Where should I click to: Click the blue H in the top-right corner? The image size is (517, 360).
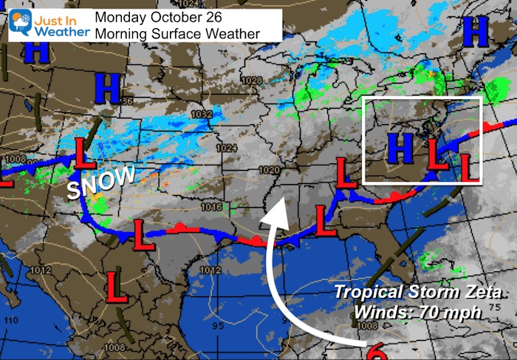(x=479, y=31)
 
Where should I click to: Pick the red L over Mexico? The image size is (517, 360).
(x=116, y=283)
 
